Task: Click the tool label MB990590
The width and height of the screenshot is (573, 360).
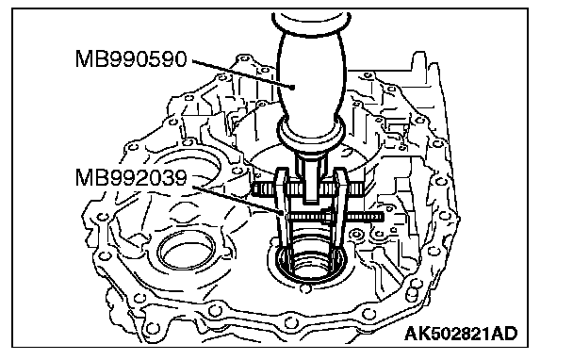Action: (131, 58)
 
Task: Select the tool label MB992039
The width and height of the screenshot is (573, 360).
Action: (131, 178)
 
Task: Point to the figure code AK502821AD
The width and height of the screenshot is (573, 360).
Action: (461, 334)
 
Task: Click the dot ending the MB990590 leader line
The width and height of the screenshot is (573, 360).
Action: (292, 87)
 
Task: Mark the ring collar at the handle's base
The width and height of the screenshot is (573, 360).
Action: (311, 135)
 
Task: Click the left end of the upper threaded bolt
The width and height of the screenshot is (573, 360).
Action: (254, 188)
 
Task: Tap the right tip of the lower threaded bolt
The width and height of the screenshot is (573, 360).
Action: (383, 217)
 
